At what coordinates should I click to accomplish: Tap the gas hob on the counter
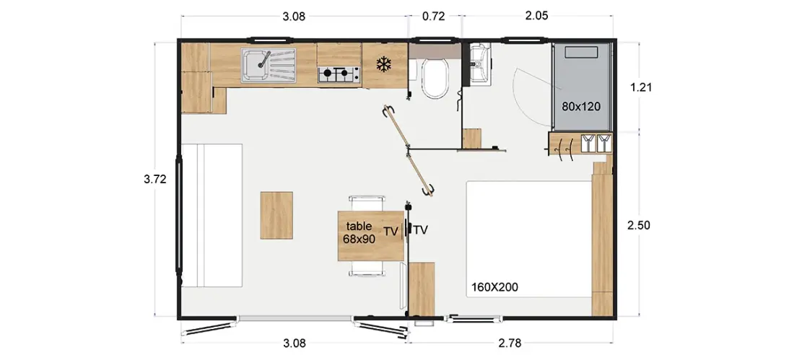(x=339, y=75)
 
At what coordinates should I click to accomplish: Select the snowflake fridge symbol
(x=384, y=64)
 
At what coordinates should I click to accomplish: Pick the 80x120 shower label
(x=580, y=107)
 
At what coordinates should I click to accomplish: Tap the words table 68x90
(x=359, y=233)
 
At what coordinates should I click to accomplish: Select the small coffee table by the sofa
(x=276, y=215)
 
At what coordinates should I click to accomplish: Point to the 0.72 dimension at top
(x=434, y=16)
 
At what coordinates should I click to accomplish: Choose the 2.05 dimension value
(x=537, y=16)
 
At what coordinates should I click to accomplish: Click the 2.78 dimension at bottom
(x=510, y=344)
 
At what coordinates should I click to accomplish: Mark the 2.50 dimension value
(x=638, y=225)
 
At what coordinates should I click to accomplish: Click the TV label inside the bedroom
(x=421, y=230)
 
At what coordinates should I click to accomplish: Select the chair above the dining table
(x=367, y=203)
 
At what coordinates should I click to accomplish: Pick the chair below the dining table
(x=367, y=269)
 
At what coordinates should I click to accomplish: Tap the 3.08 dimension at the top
(x=294, y=16)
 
